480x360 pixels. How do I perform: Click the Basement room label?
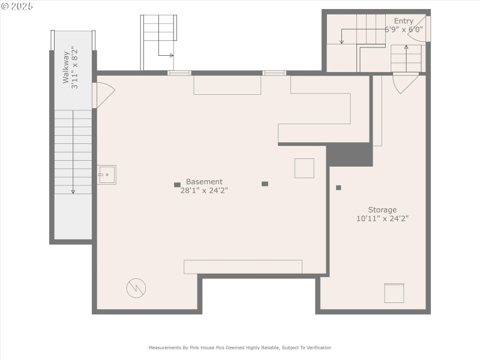click(204, 182)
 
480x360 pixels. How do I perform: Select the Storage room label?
click(382, 210)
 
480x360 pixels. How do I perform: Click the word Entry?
click(403, 21)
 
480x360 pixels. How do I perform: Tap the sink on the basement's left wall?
click(107, 175)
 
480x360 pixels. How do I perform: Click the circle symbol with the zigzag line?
click(136, 288)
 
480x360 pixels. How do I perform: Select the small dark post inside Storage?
click(338, 188)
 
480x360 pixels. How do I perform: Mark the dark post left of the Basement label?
click(177, 185)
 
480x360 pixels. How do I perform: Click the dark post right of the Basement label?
click(265, 184)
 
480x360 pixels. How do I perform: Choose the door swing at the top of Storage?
click(405, 83)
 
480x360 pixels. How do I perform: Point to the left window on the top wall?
click(179, 73)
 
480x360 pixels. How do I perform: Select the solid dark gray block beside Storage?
click(349, 155)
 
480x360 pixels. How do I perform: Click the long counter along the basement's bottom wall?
click(242, 267)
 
